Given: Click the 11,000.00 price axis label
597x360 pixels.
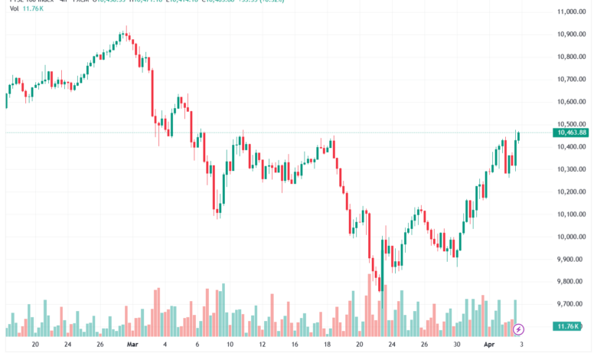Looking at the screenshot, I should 572,11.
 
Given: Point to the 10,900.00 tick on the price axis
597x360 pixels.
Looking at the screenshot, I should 572,34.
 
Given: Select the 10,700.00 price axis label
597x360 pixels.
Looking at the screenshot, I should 572,79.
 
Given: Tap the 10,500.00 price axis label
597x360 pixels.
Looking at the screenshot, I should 572,124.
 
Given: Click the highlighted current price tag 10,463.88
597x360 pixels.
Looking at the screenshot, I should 572,133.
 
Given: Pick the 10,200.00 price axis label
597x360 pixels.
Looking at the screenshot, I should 572,191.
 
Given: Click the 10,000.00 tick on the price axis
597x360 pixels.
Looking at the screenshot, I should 572,237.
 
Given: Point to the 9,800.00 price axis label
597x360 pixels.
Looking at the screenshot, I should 572,282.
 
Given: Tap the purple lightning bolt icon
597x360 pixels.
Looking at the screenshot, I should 519,329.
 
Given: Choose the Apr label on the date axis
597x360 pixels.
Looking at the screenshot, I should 491,345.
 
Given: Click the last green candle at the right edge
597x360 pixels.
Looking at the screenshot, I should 518,136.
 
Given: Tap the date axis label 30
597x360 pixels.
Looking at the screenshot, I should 457,345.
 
